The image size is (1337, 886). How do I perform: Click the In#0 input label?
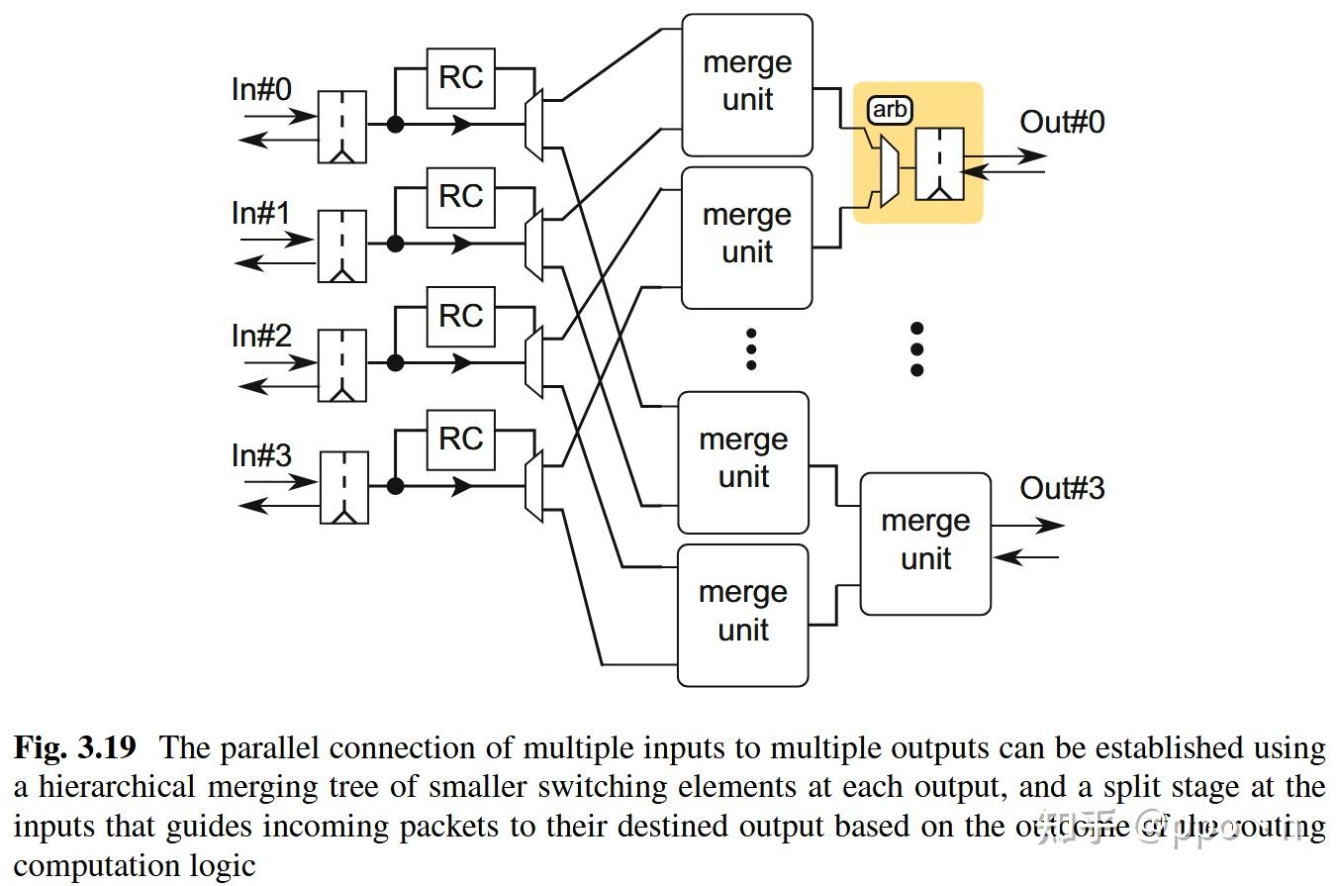[261, 90]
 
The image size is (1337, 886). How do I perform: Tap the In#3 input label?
[261, 455]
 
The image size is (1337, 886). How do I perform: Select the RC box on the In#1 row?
[461, 196]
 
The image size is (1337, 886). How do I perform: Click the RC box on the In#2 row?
[461, 317]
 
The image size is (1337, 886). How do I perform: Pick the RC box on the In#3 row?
[461, 439]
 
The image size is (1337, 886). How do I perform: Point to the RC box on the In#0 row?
[461, 77]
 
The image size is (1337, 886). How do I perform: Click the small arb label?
[889, 110]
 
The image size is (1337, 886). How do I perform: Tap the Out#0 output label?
[1062, 123]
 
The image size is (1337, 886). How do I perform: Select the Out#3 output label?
[1062, 489]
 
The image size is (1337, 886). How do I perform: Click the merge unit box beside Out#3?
[925, 543]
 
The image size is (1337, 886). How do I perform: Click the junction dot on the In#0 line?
[395, 125]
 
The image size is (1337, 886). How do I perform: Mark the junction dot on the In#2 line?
[395, 363]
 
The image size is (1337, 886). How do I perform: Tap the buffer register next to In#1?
[342, 246]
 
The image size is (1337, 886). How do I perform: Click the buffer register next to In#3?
[343, 487]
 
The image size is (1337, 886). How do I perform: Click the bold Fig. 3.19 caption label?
[74, 748]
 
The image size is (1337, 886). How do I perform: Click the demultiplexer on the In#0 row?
[533, 124]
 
